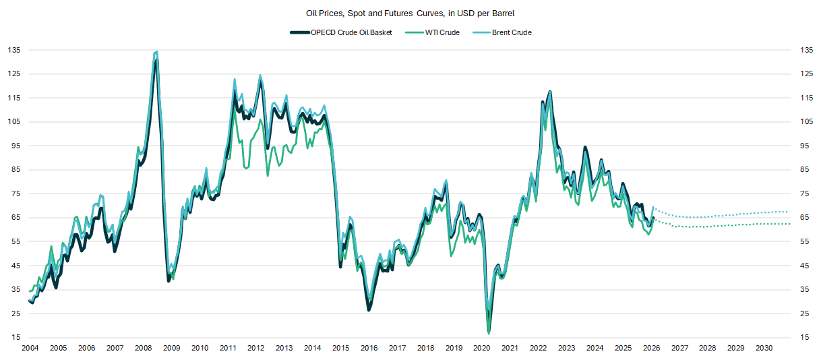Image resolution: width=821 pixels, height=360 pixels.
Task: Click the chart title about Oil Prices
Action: coord(410,13)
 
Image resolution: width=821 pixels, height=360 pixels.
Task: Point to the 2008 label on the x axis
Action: coord(143,348)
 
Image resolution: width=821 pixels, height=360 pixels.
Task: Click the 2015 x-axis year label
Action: coord(340,348)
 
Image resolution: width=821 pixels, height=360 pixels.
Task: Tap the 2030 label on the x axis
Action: coord(764,348)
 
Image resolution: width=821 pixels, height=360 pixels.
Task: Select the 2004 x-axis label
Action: coord(30,348)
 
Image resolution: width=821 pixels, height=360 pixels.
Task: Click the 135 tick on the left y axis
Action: coord(13,50)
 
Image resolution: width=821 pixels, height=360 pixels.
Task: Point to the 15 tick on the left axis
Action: coord(15,337)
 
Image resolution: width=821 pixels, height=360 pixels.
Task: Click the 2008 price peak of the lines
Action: coord(156,53)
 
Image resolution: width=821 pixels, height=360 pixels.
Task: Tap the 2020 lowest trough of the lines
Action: coord(489,331)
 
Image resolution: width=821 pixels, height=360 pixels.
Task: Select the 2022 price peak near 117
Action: coord(551,92)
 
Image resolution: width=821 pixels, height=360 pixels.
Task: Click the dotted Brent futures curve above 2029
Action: coord(735,214)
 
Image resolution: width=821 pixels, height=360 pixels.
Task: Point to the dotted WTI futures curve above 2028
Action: coord(707,226)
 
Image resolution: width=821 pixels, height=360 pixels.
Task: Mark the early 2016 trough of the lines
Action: coord(369,309)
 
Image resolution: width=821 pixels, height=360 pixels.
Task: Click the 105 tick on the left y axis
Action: coord(13,122)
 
